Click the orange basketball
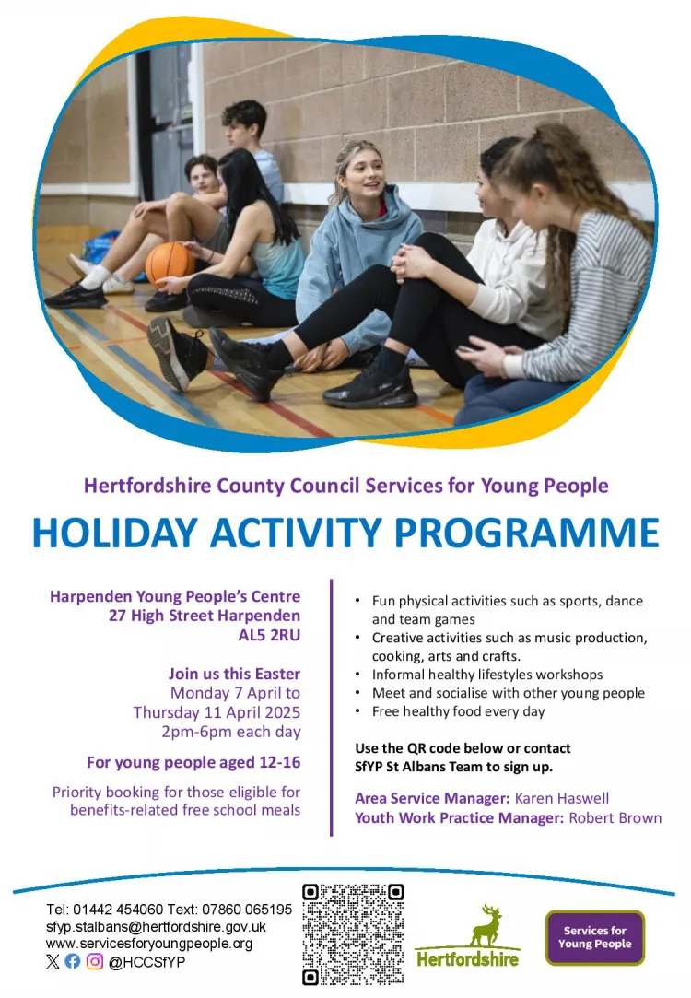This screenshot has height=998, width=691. (169, 263)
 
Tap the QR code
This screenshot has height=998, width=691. (353, 933)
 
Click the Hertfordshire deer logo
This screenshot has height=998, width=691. (468, 936)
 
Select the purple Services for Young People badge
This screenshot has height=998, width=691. (595, 937)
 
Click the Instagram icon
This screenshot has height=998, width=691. (95, 961)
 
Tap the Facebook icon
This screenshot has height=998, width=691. (73, 961)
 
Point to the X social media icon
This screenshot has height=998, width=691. (53, 961)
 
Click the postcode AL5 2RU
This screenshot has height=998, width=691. (269, 635)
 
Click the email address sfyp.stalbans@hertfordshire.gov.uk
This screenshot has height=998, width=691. (156, 927)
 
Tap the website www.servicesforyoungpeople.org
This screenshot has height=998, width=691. (149, 944)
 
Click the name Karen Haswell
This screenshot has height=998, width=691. (562, 798)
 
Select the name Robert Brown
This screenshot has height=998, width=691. (615, 818)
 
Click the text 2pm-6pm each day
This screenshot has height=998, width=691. (231, 732)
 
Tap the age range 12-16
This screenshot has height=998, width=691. (280, 762)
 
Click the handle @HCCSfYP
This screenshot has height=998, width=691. (147, 962)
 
